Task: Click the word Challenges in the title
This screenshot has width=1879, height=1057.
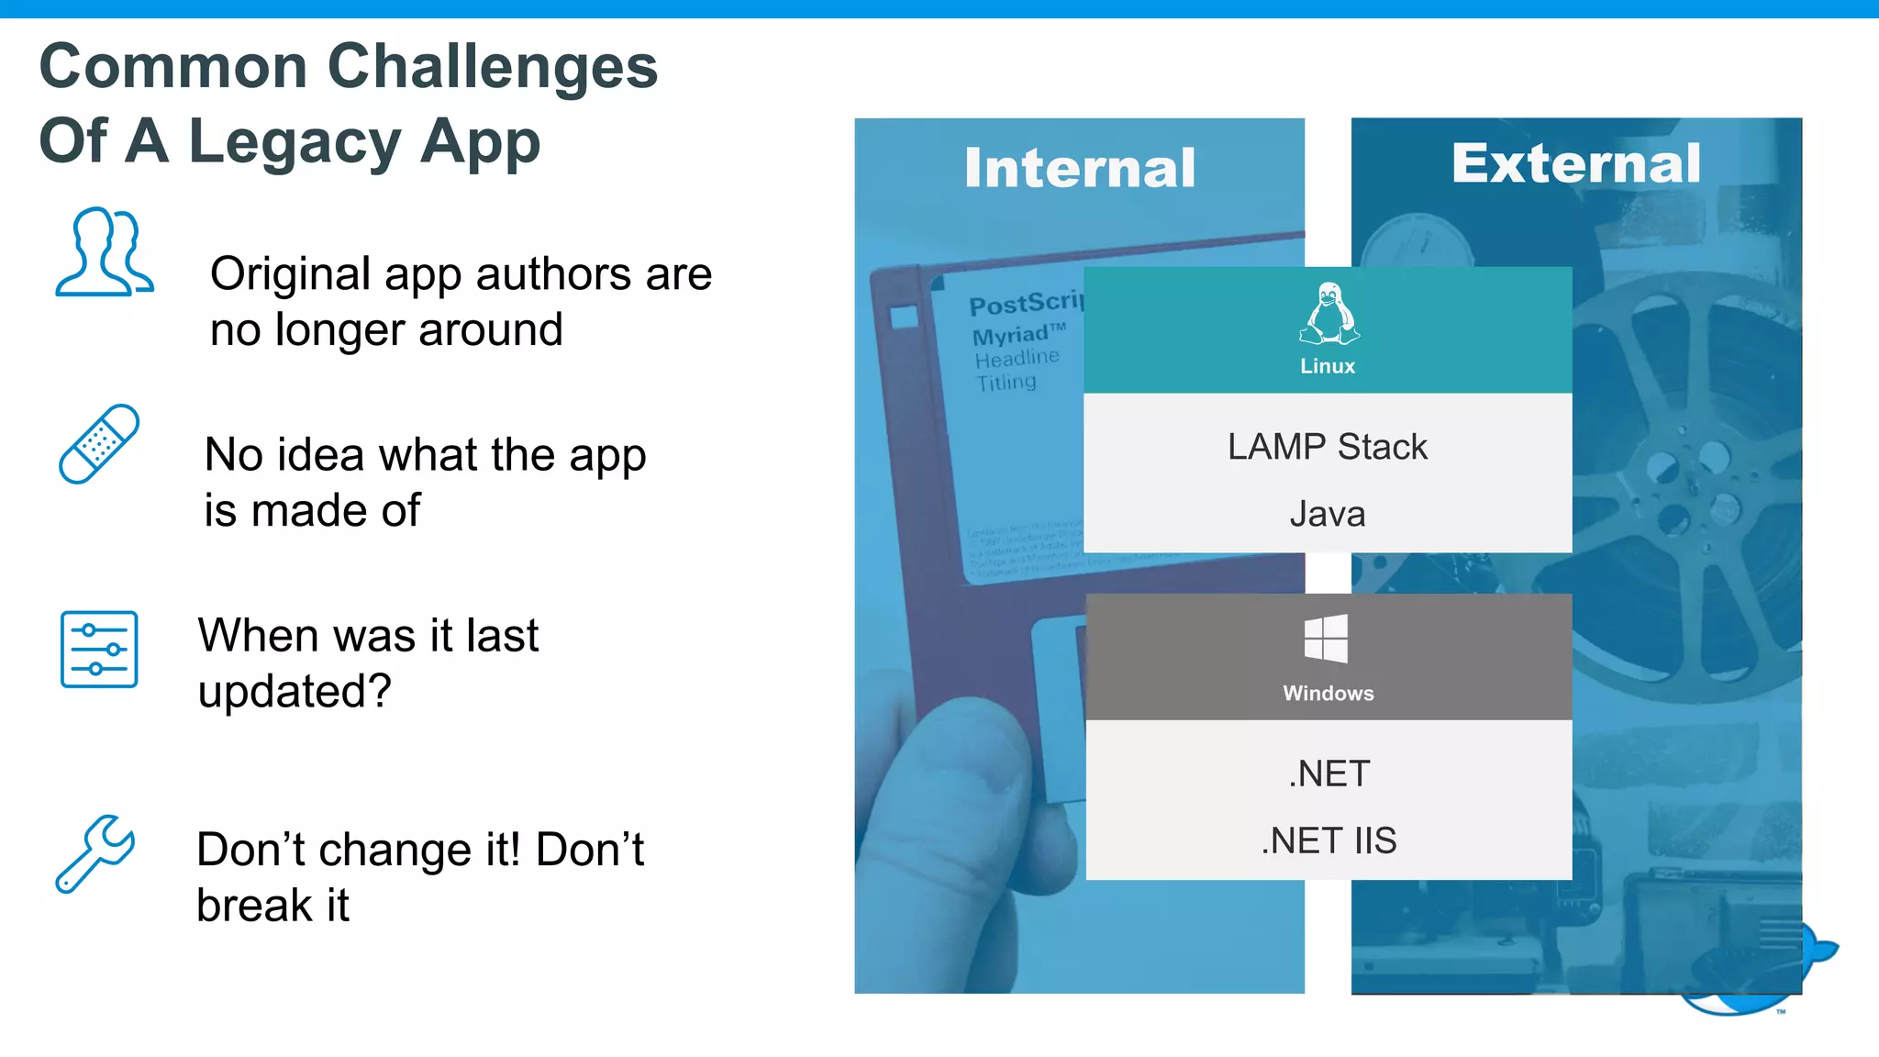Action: tap(492, 67)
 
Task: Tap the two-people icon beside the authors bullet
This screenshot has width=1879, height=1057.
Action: tap(104, 252)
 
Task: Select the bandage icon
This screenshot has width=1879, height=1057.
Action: tap(99, 444)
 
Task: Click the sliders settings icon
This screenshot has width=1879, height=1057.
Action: tap(99, 650)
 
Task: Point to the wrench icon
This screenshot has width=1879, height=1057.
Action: tap(95, 853)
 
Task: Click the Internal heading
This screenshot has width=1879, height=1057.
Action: tap(1080, 169)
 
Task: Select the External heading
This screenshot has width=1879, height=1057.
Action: tap(1575, 163)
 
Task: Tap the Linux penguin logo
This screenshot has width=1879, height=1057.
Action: tap(1328, 314)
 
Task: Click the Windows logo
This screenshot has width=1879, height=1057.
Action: tap(1327, 639)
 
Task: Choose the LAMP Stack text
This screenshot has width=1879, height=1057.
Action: tap(1328, 447)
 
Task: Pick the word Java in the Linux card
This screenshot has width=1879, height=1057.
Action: tap(1328, 514)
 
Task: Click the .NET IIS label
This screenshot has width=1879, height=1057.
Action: tap(1329, 840)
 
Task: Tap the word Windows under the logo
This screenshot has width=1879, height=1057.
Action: tap(1329, 694)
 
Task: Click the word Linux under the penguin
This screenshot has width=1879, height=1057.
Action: tap(1328, 366)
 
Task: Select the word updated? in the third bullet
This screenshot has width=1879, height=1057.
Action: tap(295, 691)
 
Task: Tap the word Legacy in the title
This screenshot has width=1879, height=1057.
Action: tap(295, 142)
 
